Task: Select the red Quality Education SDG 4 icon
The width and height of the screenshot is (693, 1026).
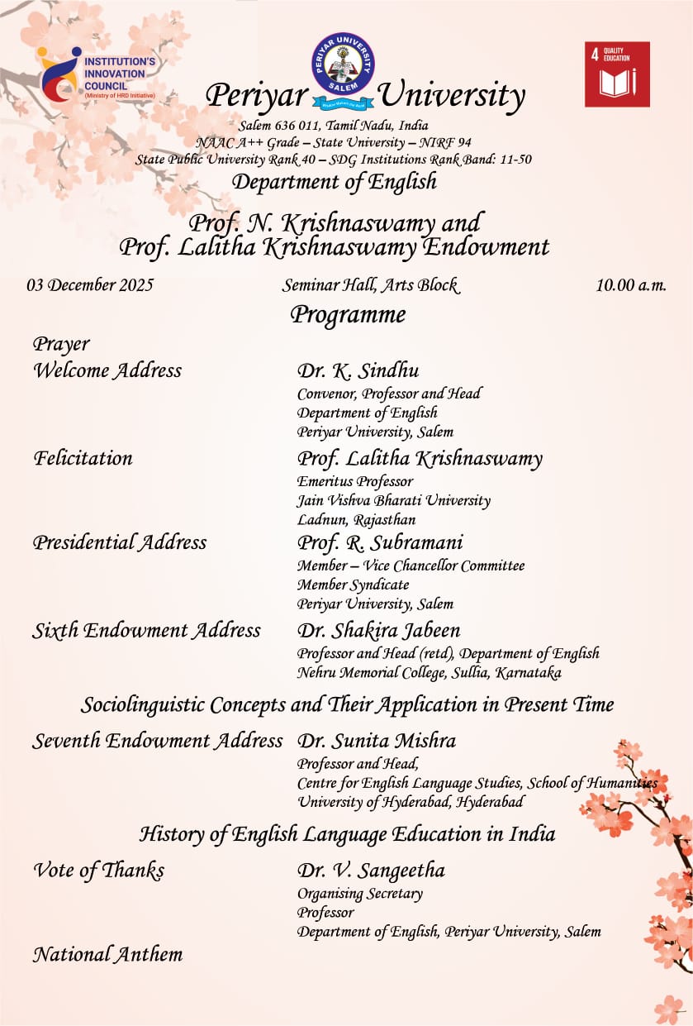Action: tap(617, 74)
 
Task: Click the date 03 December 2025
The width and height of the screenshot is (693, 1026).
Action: tap(90, 285)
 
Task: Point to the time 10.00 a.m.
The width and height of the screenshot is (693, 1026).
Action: tap(630, 285)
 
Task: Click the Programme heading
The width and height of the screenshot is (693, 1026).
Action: tap(348, 315)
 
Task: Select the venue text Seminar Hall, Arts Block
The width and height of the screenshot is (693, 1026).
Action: tap(369, 285)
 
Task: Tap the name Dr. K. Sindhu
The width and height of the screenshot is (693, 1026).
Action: tap(358, 371)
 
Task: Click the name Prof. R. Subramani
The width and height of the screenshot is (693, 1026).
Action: tap(380, 543)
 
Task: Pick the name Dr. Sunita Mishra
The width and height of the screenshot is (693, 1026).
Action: tap(376, 741)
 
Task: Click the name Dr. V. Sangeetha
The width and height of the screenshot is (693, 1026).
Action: tap(371, 871)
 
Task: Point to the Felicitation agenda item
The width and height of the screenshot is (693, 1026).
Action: tap(83, 457)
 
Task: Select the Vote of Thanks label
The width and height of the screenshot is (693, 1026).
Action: tap(98, 871)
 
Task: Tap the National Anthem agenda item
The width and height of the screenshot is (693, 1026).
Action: tap(107, 955)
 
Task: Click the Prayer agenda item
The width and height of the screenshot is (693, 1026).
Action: tap(61, 344)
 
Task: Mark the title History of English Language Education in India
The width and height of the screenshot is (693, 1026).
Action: tap(347, 833)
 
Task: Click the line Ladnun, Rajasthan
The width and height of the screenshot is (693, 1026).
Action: tap(356, 520)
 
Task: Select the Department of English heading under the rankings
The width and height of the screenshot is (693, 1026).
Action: tap(334, 182)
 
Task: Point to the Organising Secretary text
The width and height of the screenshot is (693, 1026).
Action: tap(359, 894)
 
